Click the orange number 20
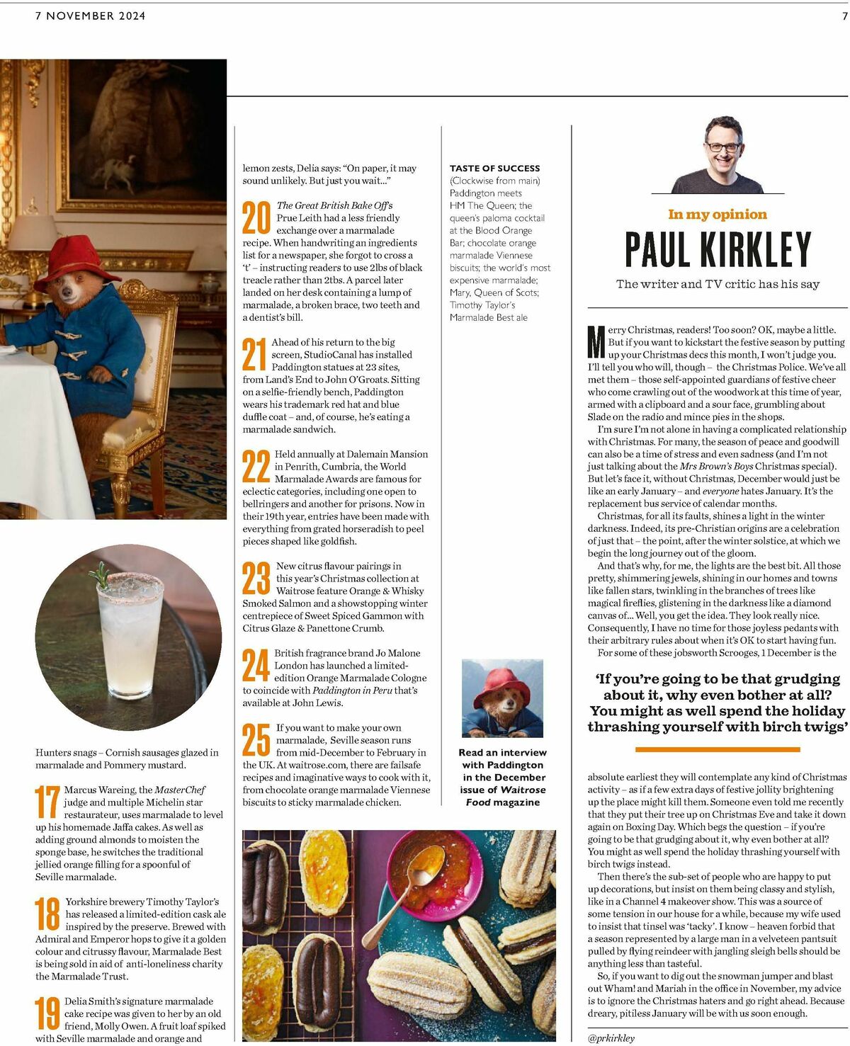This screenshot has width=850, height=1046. pos(256,217)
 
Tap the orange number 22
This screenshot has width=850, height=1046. pos(256,466)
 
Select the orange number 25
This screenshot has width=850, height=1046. pos(256,740)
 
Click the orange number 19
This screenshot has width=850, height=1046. pos(47,1013)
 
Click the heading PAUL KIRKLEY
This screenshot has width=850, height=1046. pos(718,249)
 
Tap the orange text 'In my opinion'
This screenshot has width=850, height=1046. pos(718,214)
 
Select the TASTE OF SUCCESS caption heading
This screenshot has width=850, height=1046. pos(494,169)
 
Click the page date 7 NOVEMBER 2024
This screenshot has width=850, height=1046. pos(91,16)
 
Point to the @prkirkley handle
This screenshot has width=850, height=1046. pos(611,1038)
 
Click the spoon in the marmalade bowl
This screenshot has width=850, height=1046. pos(425,863)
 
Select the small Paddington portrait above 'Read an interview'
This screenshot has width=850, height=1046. pos(502,698)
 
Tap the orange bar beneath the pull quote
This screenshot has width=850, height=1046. pos(718,749)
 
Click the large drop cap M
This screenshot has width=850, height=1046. pos(596,341)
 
